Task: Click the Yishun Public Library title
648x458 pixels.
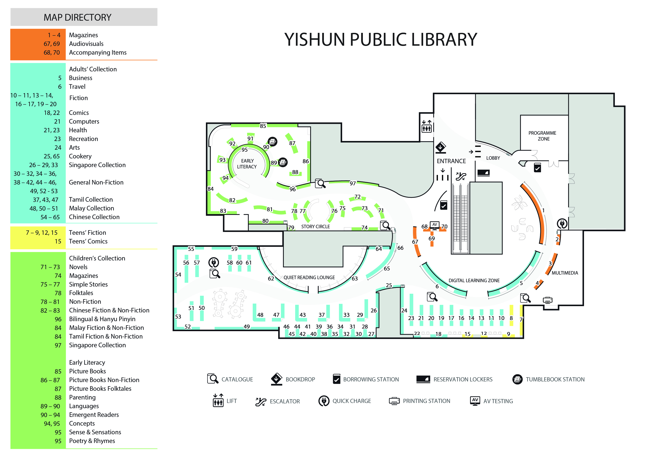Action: [380, 40]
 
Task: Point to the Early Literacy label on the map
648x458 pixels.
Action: [247, 164]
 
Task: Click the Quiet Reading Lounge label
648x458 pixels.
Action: [309, 277]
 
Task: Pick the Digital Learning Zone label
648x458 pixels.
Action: [474, 280]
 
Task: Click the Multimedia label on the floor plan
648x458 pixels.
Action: [565, 273]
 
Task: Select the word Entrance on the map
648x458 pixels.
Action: [451, 161]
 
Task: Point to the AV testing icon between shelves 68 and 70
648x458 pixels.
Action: [434, 225]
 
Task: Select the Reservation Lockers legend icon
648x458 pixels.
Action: [423, 379]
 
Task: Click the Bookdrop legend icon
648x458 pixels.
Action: [276, 379]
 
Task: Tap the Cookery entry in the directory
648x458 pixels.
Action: [80, 156]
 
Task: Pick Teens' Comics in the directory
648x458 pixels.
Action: [88, 241]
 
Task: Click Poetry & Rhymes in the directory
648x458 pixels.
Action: [92, 441]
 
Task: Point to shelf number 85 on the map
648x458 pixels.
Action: [263, 126]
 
